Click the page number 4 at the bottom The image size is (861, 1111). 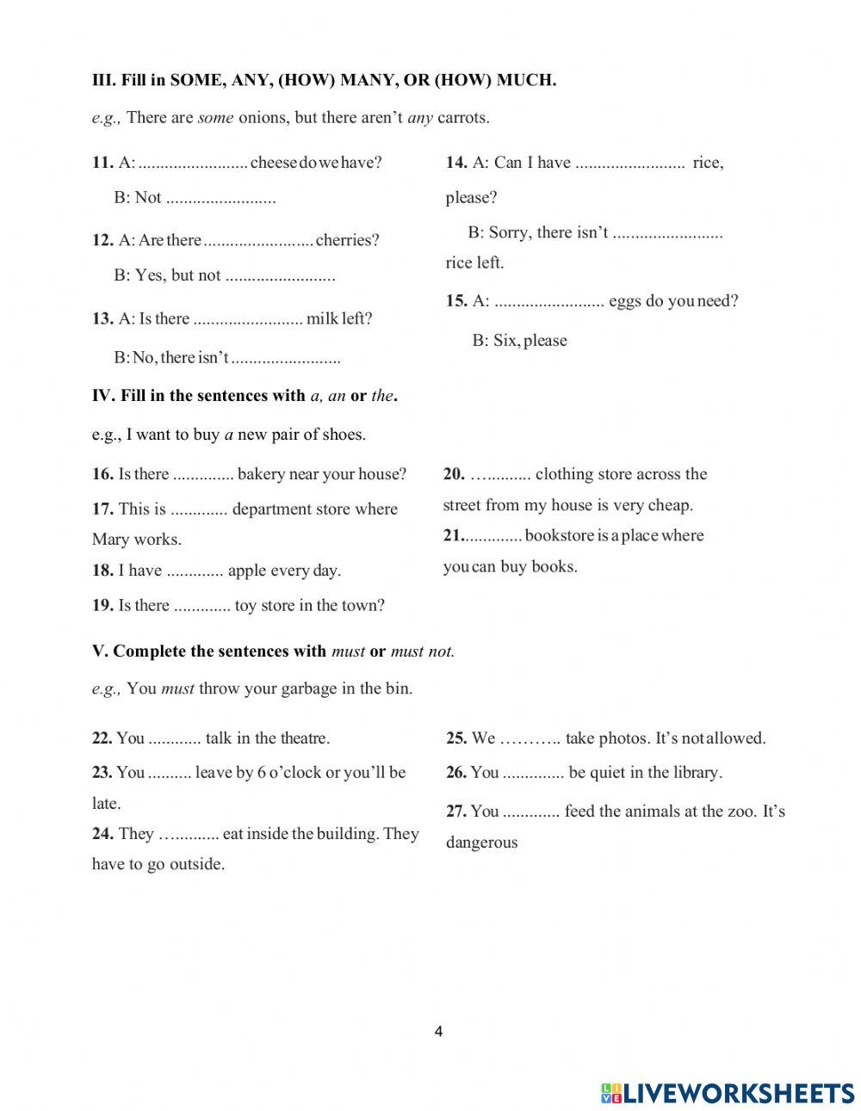pyautogui.click(x=439, y=1033)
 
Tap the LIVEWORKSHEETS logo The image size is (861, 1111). pyautogui.click(x=728, y=1093)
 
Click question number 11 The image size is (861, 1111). pyautogui.click(x=102, y=162)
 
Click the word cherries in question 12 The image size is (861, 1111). pyautogui.click(x=347, y=240)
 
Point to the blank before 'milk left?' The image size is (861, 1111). pyautogui.click(x=248, y=319)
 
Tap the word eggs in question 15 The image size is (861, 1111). pyautogui.click(x=623, y=301)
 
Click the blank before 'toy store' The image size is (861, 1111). pyautogui.click(x=202, y=606)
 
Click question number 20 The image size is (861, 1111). pyautogui.click(x=454, y=474)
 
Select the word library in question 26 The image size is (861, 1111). pyautogui.click(x=694, y=773)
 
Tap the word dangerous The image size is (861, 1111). pyautogui.click(x=481, y=843)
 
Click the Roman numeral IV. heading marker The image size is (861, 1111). pyautogui.click(x=103, y=396)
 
